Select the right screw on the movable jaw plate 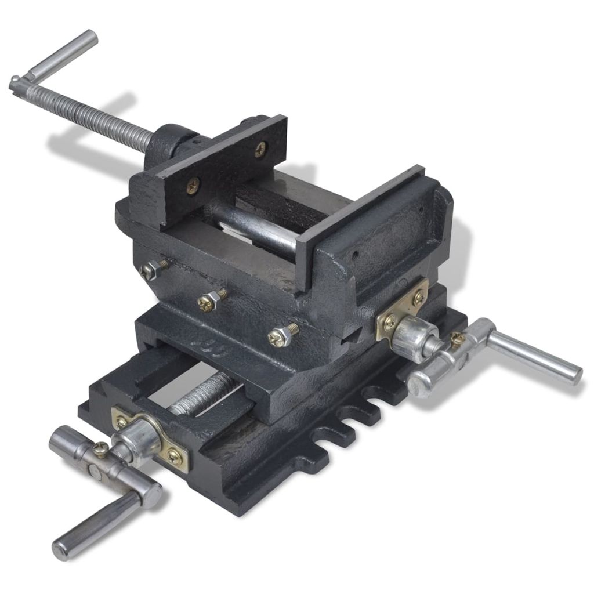pos(260,149)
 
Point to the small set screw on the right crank pos(458,339)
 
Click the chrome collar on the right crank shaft pos(414,336)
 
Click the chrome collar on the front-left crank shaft pos(139,441)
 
